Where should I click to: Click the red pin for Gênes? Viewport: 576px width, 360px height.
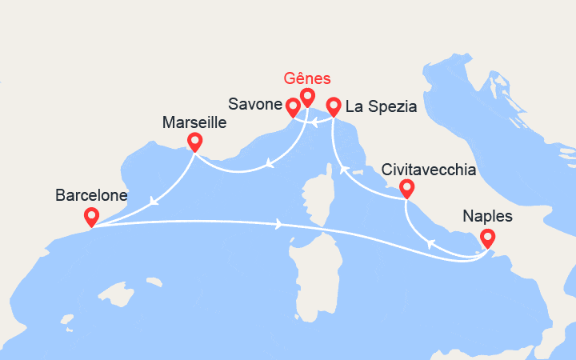click(x=307, y=98)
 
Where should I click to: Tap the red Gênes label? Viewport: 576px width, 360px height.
click(x=308, y=78)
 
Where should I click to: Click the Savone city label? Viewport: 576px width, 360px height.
click(x=254, y=105)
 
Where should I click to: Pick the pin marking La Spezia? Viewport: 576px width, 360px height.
click(x=334, y=106)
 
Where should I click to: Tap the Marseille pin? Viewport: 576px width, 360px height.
click(x=194, y=142)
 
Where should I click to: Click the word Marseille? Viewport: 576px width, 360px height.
click(x=194, y=123)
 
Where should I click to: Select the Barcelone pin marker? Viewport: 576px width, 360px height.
click(x=91, y=216)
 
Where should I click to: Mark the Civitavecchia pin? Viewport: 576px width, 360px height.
click(x=406, y=189)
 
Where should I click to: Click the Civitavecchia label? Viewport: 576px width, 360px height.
click(x=430, y=170)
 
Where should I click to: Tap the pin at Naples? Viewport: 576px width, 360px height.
click(x=486, y=238)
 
